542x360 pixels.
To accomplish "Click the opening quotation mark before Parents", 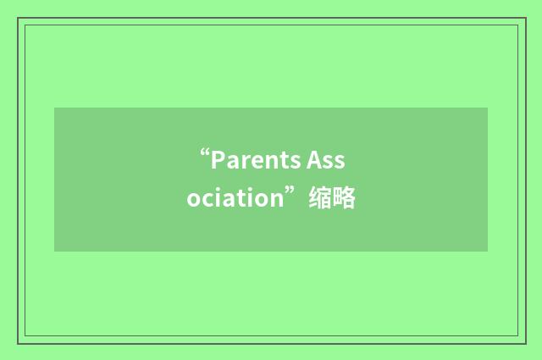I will click(x=204, y=154).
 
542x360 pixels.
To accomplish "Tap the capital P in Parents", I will click(x=216, y=160).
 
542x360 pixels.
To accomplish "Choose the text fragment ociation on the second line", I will click(x=234, y=199).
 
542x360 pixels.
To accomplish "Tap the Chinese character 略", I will click(x=344, y=199).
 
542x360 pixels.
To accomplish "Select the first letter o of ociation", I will click(x=194, y=201).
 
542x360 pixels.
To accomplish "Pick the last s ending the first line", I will click(x=340, y=162).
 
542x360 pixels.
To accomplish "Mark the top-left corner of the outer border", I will click(x=18, y=18).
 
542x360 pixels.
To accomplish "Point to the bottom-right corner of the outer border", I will click(x=524, y=342).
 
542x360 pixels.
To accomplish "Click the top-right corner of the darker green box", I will click(x=487, y=108).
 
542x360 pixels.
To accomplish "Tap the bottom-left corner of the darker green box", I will click(x=55, y=251).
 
